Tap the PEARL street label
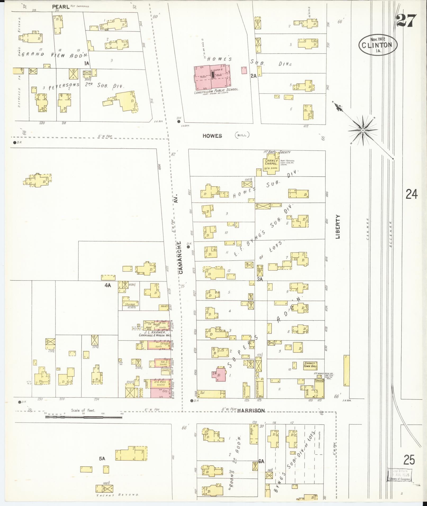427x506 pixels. [x=61, y=7]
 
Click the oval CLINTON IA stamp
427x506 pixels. [x=378, y=45]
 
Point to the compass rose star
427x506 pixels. [x=363, y=130]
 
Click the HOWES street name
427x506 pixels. [x=212, y=136]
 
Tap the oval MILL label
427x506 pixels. [x=242, y=135]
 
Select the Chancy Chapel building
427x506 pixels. [x=272, y=164]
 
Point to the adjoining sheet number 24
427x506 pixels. [x=412, y=194]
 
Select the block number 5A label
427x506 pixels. [x=102, y=459]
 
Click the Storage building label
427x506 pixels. [x=130, y=304]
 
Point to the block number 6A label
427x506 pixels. [x=261, y=461]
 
